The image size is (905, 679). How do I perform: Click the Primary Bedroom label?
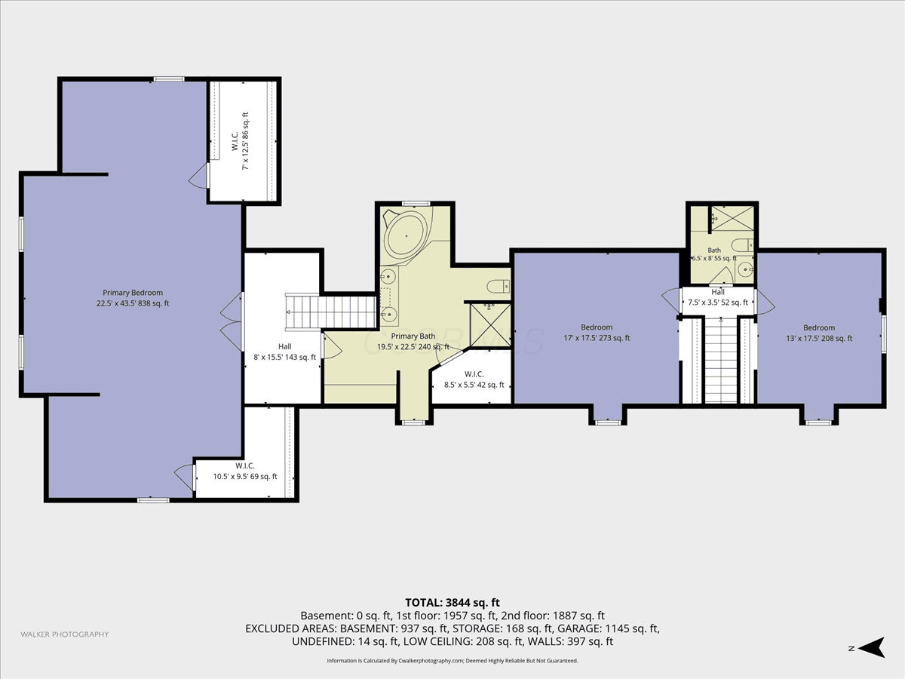(x=132, y=298)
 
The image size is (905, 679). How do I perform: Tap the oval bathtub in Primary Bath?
(x=406, y=235)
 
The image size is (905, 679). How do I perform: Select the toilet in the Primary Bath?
(x=499, y=286)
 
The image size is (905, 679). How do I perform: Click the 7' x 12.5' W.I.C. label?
(x=240, y=141)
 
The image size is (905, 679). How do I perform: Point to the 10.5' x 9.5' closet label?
(x=245, y=472)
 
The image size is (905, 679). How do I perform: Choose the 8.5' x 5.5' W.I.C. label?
(x=474, y=379)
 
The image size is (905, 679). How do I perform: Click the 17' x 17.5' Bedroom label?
(x=597, y=333)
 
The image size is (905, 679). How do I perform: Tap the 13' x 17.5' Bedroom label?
(x=819, y=333)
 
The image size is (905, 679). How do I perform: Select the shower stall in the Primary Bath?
(x=490, y=326)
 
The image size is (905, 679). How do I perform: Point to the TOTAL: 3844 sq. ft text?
(x=452, y=602)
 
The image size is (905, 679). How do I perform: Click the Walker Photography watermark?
(x=65, y=634)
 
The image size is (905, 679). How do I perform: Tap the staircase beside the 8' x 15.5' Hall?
(x=331, y=312)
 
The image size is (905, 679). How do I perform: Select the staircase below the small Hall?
(x=721, y=361)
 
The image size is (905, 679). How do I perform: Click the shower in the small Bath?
(x=732, y=218)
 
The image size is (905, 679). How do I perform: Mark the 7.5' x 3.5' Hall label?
(x=718, y=297)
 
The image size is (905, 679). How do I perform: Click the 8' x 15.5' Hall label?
(x=284, y=352)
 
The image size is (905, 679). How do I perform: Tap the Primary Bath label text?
(x=413, y=336)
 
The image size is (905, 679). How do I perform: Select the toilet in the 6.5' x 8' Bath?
(x=743, y=245)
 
